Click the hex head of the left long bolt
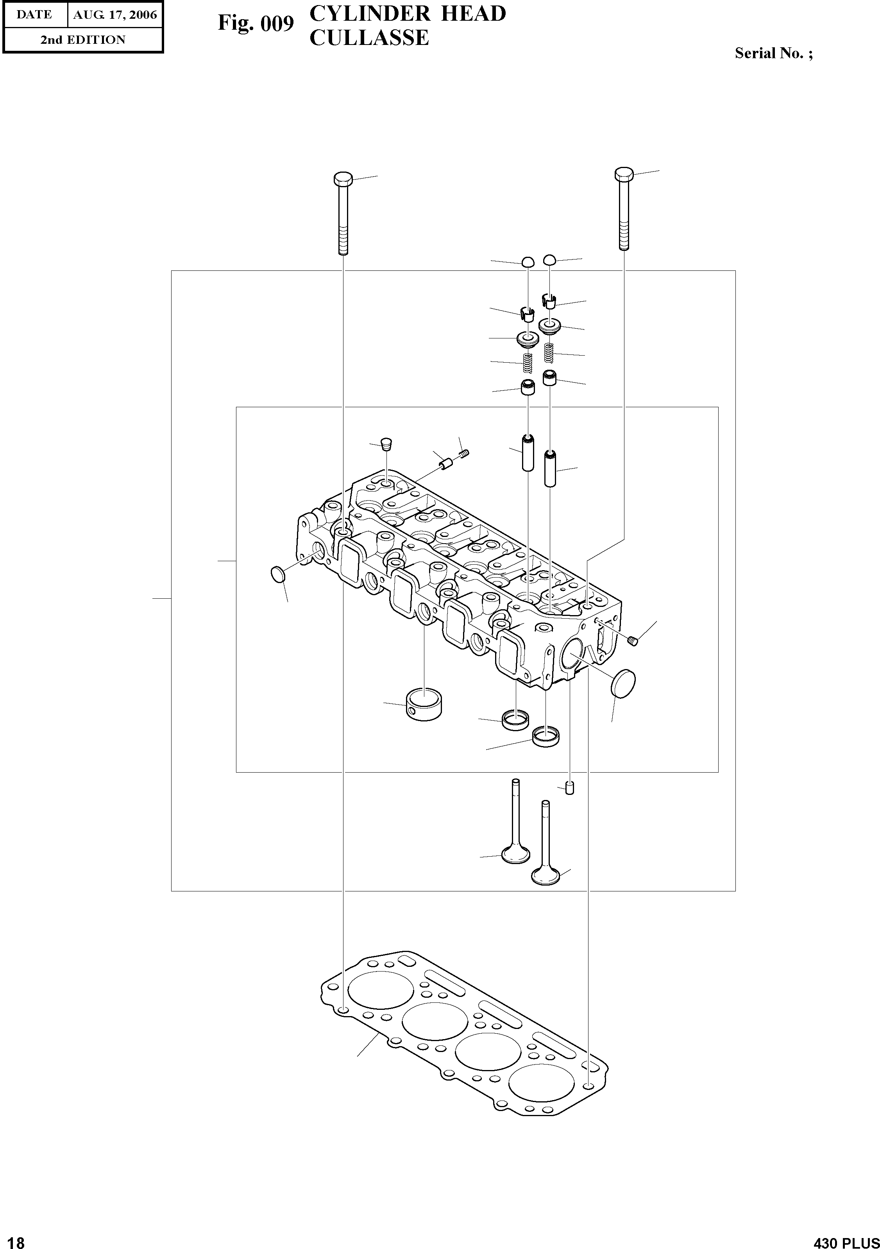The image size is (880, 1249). pyautogui.click(x=343, y=179)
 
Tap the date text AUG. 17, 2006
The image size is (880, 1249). pyautogui.click(x=115, y=15)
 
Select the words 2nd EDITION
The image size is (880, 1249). pyautogui.click(x=83, y=40)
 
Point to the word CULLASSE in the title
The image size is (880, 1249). pyautogui.click(x=369, y=38)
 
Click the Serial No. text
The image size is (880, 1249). pyautogui.click(x=773, y=53)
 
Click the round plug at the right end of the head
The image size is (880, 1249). pyautogui.click(x=623, y=683)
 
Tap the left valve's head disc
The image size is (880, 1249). pyautogui.click(x=515, y=856)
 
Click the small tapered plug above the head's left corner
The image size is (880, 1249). pyautogui.click(x=386, y=444)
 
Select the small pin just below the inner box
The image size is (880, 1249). pyautogui.click(x=569, y=788)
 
